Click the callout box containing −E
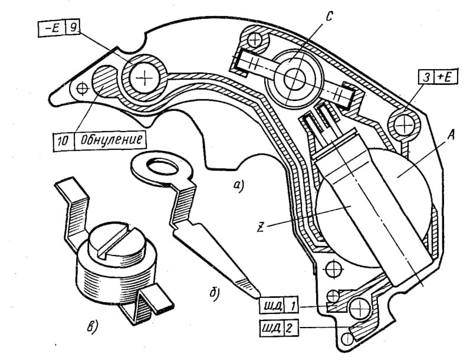[51, 28]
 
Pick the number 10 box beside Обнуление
[64, 140]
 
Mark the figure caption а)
[238, 186]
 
